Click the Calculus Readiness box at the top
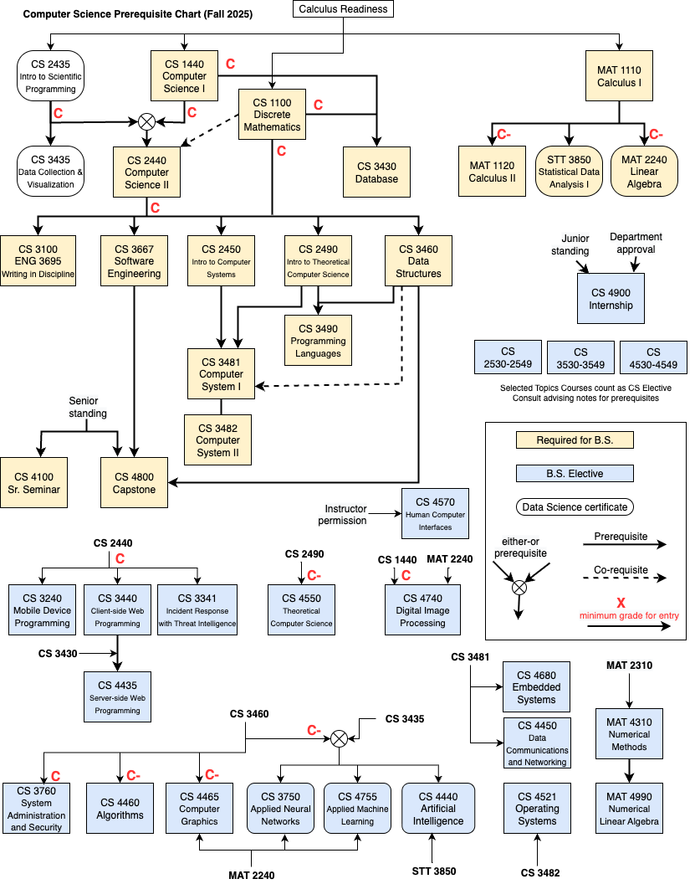click(x=343, y=9)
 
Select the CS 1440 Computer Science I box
click(x=184, y=76)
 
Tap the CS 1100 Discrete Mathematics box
click(x=272, y=115)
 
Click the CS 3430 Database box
click(x=376, y=172)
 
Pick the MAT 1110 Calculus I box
click(x=619, y=76)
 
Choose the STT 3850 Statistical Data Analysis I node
click(x=569, y=172)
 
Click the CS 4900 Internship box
click(x=611, y=299)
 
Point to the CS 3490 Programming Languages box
click(x=318, y=341)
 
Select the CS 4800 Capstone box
click(x=135, y=483)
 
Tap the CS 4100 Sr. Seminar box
click(x=33, y=483)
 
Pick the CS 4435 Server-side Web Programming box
click(x=117, y=697)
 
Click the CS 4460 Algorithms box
click(x=120, y=809)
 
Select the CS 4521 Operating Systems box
click(x=537, y=809)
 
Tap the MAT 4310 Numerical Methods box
click(x=629, y=734)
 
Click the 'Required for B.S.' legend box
click(x=574, y=439)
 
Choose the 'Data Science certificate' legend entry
click(x=574, y=506)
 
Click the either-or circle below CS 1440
click(x=147, y=121)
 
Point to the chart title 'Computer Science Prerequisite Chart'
click(x=138, y=15)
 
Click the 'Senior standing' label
click(x=88, y=408)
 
